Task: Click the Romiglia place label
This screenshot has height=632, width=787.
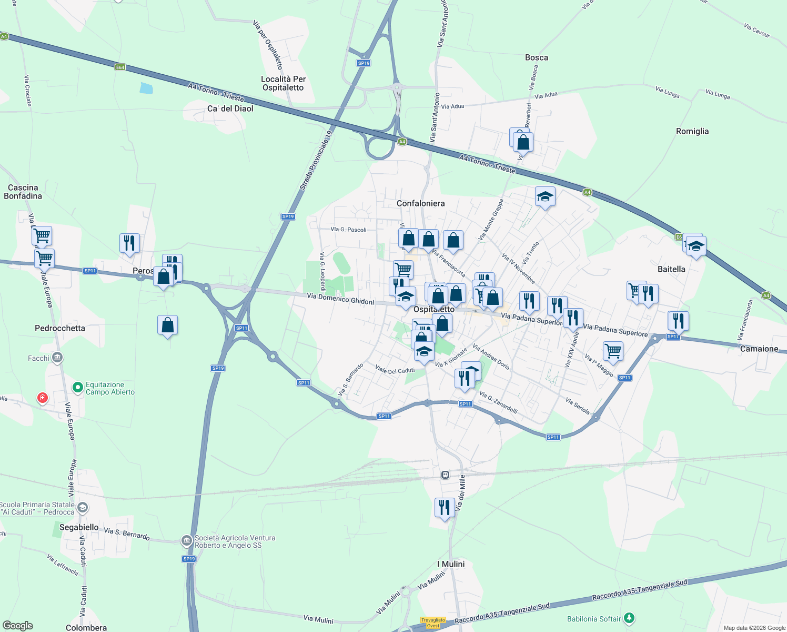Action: [x=692, y=131]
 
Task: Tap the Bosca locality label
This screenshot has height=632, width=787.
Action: [x=536, y=57]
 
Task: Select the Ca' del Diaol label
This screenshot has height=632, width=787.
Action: [x=230, y=108]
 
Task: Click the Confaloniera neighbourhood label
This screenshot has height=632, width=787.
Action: [x=420, y=203]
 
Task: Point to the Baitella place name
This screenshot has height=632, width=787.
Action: [x=671, y=269]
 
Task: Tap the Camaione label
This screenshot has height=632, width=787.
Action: [x=759, y=349]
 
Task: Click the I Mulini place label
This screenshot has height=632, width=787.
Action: [x=451, y=564]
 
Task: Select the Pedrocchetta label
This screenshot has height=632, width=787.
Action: [x=59, y=328]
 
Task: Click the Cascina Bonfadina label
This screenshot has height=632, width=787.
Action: [x=23, y=192]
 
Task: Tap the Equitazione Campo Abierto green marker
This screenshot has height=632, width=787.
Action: [x=78, y=388]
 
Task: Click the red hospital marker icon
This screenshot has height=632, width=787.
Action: [x=43, y=398]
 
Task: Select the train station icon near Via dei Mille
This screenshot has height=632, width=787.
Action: [x=445, y=475]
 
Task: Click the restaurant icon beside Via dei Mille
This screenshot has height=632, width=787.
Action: [x=445, y=508]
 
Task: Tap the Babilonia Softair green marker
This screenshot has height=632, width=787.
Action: [x=629, y=618]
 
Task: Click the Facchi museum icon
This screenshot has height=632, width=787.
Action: [x=57, y=358]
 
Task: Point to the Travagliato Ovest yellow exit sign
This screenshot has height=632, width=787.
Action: [x=432, y=623]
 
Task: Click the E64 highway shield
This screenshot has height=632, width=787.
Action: [x=120, y=67]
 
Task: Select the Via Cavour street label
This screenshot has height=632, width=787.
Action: [x=756, y=31]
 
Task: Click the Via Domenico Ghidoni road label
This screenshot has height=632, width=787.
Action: [x=340, y=299]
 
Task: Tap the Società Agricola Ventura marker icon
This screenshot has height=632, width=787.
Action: [x=186, y=541]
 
